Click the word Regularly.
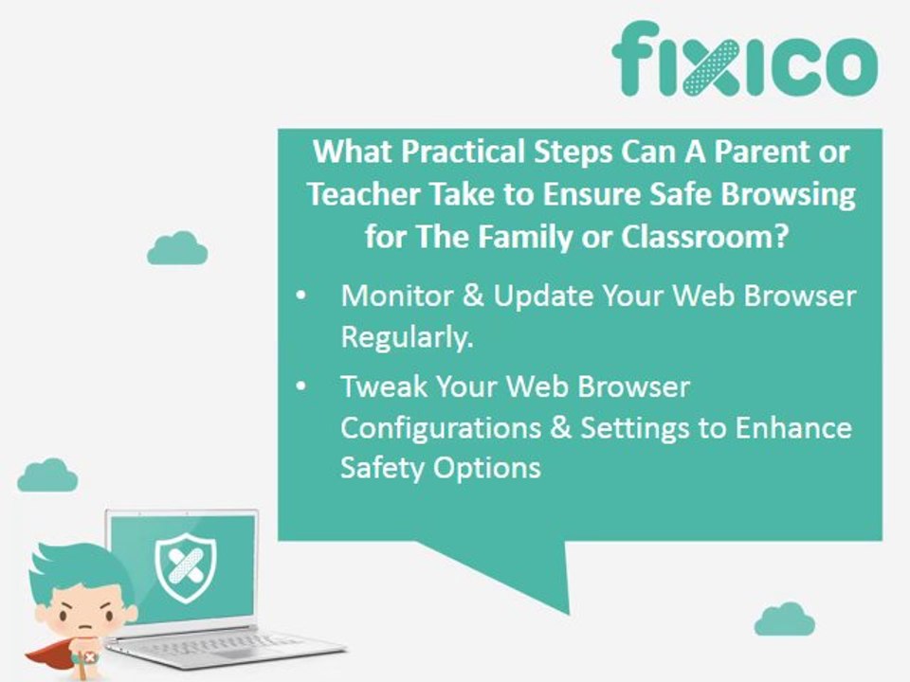[x=407, y=338]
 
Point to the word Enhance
[x=793, y=427]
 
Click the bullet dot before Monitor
[x=300, y=296]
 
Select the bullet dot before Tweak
[x=300, y=387]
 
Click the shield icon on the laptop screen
[x=184, y=568]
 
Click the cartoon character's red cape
[x=47, y=655]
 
